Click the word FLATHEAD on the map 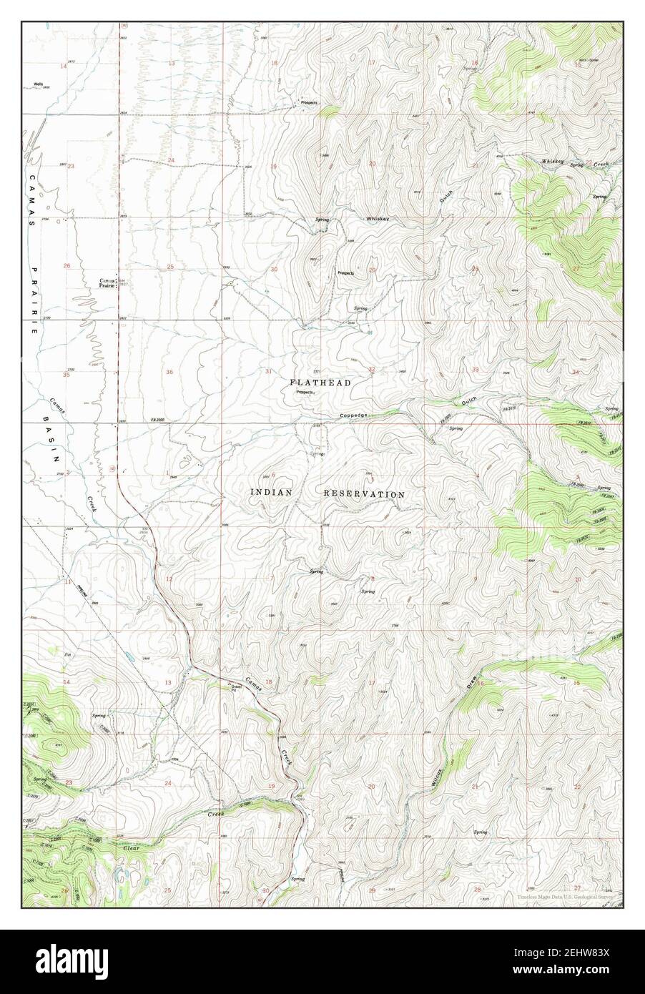[320, 383]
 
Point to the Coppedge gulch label [354, 415]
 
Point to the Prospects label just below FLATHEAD [304, 393]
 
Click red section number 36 [169, 372]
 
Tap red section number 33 [476, 369]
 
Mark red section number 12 [169, 578]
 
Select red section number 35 [66, 374]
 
